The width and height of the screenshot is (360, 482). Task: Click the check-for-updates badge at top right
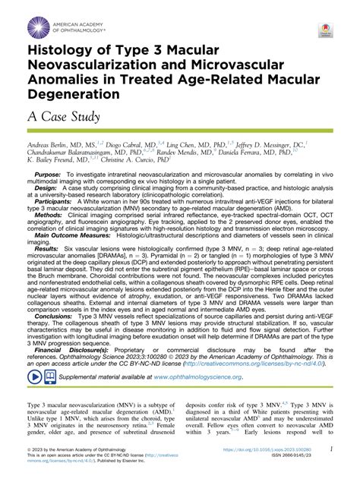click(325, 30)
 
